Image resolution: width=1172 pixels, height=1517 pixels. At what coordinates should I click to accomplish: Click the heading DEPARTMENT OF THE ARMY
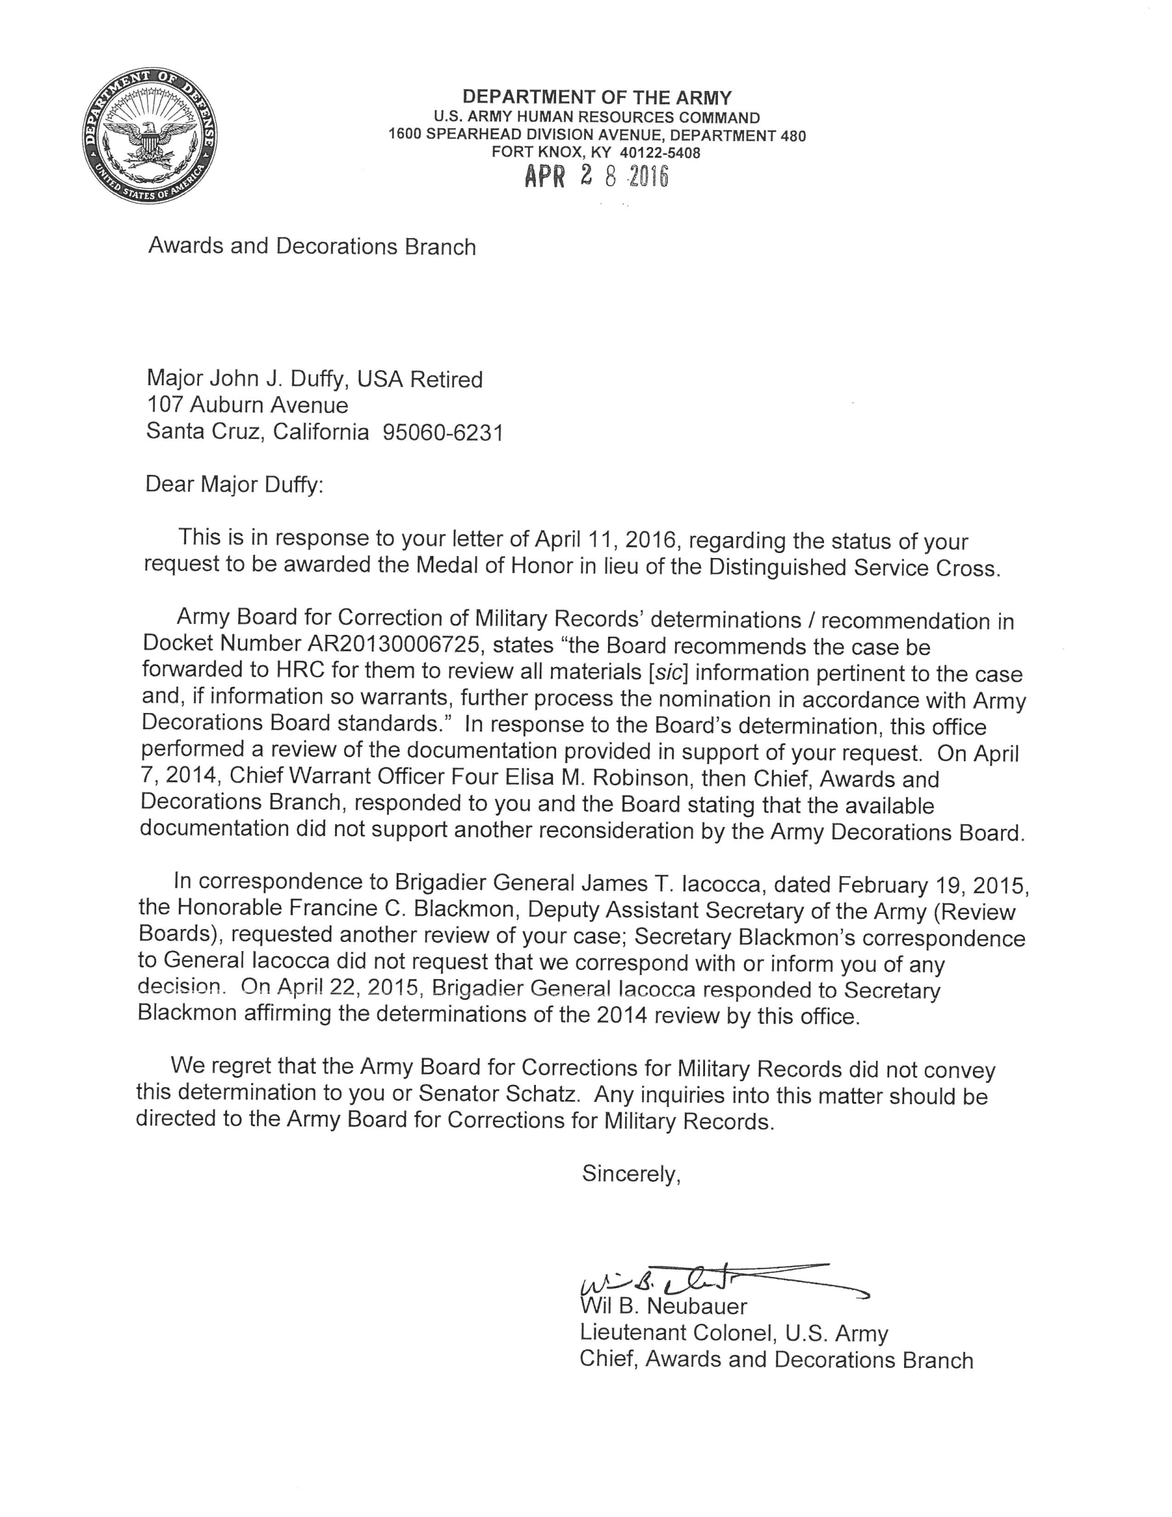pos(597,97)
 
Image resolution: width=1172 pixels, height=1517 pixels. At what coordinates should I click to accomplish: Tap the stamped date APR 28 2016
pos(596,178)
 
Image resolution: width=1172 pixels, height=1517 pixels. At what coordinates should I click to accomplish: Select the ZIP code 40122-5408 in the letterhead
pos(660,153)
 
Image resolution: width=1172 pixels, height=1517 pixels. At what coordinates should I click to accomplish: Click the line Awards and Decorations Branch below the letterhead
pos(312,247)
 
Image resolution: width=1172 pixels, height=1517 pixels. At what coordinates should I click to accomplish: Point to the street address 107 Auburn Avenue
pos(247,405)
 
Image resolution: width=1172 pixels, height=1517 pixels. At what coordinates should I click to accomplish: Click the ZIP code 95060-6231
pos(443,433)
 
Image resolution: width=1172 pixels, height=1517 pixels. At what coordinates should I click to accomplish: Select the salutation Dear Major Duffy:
pos(234,484)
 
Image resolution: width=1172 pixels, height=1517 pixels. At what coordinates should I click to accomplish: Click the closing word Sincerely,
pos(631,1173)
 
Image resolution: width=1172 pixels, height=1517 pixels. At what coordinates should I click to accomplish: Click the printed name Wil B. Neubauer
pos(664,1306)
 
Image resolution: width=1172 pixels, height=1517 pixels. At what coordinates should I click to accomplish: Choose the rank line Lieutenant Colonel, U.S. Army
pos(734,1333)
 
